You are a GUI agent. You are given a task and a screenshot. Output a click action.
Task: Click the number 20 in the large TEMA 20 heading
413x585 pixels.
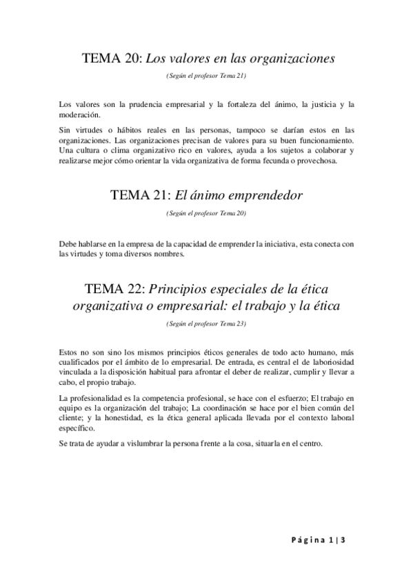click(132, 59)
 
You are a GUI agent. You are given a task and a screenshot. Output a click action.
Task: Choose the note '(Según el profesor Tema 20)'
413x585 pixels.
click(206, 213)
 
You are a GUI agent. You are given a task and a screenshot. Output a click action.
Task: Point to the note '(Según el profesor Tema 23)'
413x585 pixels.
click(206, 323)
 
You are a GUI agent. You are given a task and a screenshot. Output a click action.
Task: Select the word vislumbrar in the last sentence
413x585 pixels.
click(143, 442)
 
